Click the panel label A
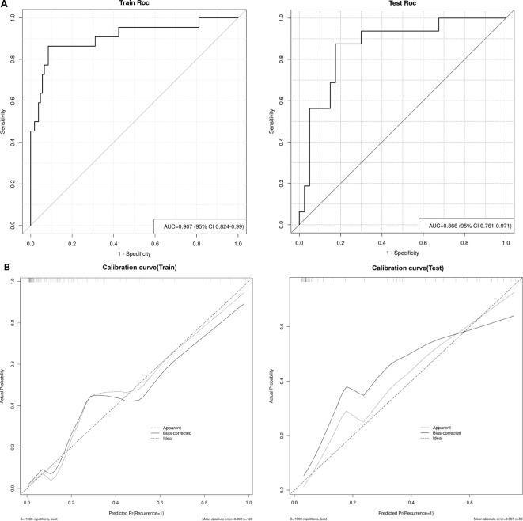(5, 5)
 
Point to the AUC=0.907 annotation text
(200, 226)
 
